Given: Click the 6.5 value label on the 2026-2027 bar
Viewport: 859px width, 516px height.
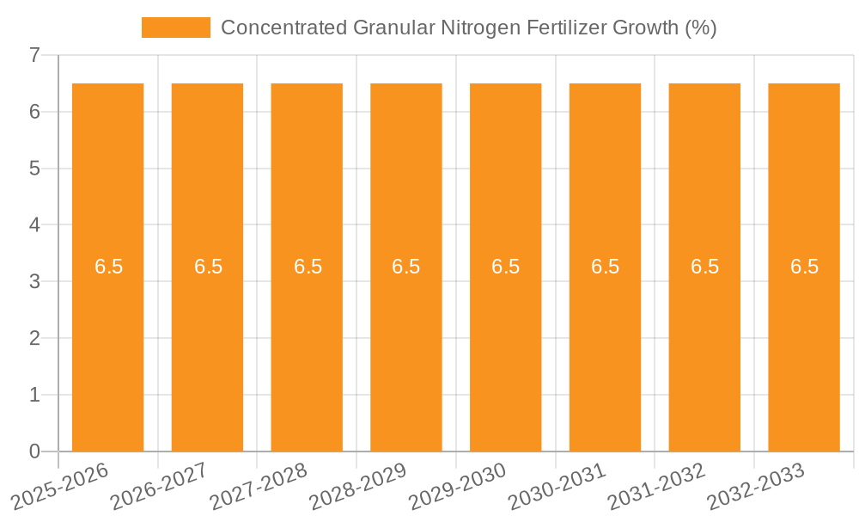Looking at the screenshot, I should [x=208, y=267].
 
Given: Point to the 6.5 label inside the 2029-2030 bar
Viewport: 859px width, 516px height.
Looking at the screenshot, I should [x=506, y=267].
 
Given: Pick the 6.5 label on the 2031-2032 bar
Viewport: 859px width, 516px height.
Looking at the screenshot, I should [x=705, y=267].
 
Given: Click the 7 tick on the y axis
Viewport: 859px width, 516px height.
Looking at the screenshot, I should [x=34, y=56].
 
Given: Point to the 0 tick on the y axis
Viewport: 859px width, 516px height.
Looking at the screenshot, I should [x=34, y=451].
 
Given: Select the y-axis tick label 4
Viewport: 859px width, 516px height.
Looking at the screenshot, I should [x=34, y=225].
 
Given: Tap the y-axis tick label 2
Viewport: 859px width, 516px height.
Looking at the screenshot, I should [x=34, y=339].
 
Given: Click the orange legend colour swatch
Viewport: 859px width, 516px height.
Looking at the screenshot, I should [x=176, y=28].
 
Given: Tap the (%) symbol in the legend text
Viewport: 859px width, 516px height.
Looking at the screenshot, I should [x=700, y=28].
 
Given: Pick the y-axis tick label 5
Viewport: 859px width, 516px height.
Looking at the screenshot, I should [x=34, y=169].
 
